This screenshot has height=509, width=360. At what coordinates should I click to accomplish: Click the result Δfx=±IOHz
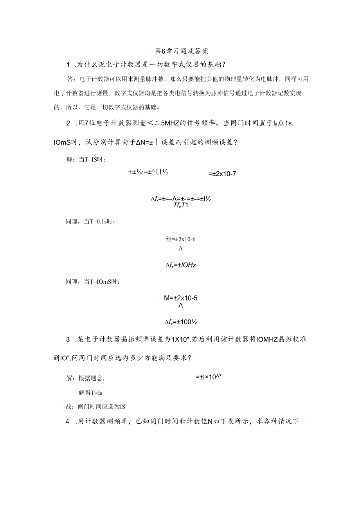[180, 265]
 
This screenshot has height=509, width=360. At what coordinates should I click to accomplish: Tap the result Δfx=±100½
[180, 322]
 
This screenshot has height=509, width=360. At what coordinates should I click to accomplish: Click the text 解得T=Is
[90, 392]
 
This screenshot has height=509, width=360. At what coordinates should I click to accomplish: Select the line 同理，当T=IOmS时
[92, 281]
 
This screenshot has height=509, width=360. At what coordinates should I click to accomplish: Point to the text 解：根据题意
[86, 378]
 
